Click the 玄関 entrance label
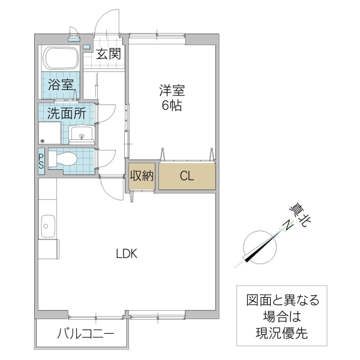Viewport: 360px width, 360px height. [110, 54]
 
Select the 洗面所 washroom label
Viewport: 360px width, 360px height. [67, 112]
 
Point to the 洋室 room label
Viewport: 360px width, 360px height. [172, 91]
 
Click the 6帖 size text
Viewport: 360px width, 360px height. [172, 107]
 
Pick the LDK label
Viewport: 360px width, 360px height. [127, 253]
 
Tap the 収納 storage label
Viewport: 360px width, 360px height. [142, 176]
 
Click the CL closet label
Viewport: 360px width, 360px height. [186, 176]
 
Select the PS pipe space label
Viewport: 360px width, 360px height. [41, 162]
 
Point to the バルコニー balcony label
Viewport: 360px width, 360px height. [84, 334]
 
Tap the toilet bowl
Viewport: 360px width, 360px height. [64, 159]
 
